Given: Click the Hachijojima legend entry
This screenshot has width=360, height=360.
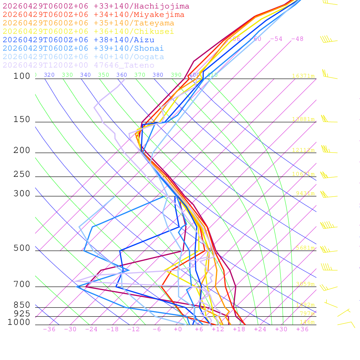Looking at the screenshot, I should coord(96,6).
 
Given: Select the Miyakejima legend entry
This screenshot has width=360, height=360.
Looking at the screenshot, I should coord(93,15).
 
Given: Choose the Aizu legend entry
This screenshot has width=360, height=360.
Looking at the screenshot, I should coord(78,40).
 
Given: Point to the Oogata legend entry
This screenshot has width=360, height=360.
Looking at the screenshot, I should coord(83,57).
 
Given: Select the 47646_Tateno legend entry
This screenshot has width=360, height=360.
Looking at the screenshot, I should coord(78,65).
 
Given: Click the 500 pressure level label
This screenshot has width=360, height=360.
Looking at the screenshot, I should coord(22,248).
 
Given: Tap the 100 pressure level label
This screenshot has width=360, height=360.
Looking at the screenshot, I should coord(22,76).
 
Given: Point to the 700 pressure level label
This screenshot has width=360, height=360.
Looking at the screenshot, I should coord(22,284).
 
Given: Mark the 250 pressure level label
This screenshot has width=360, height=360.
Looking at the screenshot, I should coord(22,174).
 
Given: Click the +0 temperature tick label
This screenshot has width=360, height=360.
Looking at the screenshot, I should coord(178,329).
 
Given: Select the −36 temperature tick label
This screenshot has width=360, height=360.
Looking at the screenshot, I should coord(49,329).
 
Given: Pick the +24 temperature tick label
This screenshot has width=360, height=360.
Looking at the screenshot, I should coord(260,329).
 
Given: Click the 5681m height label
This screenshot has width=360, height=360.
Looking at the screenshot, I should coord(305,248).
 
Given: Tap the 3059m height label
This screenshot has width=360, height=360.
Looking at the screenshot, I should coord(305,284).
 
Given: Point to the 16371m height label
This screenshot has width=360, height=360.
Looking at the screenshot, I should coord(303,76).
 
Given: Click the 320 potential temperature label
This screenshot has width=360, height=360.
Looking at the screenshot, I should coord(49,75).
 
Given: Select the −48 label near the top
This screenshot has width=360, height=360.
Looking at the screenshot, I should coord(297,39).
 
